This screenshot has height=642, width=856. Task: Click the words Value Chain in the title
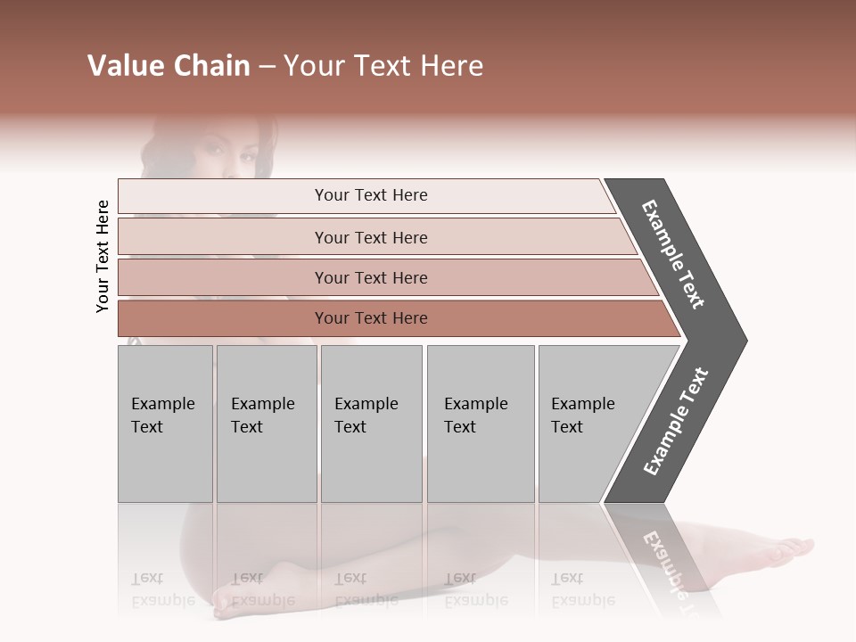pos(169,66)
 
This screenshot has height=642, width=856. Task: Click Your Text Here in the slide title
pos(383,66)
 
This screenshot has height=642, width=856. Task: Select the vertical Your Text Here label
pos(103,256)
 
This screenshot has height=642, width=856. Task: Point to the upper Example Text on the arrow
pos(673,254)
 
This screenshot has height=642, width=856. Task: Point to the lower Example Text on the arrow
pos(676,421)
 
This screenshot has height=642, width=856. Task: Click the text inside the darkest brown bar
pos(371,318)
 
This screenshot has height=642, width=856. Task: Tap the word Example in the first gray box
pos(163,404)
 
